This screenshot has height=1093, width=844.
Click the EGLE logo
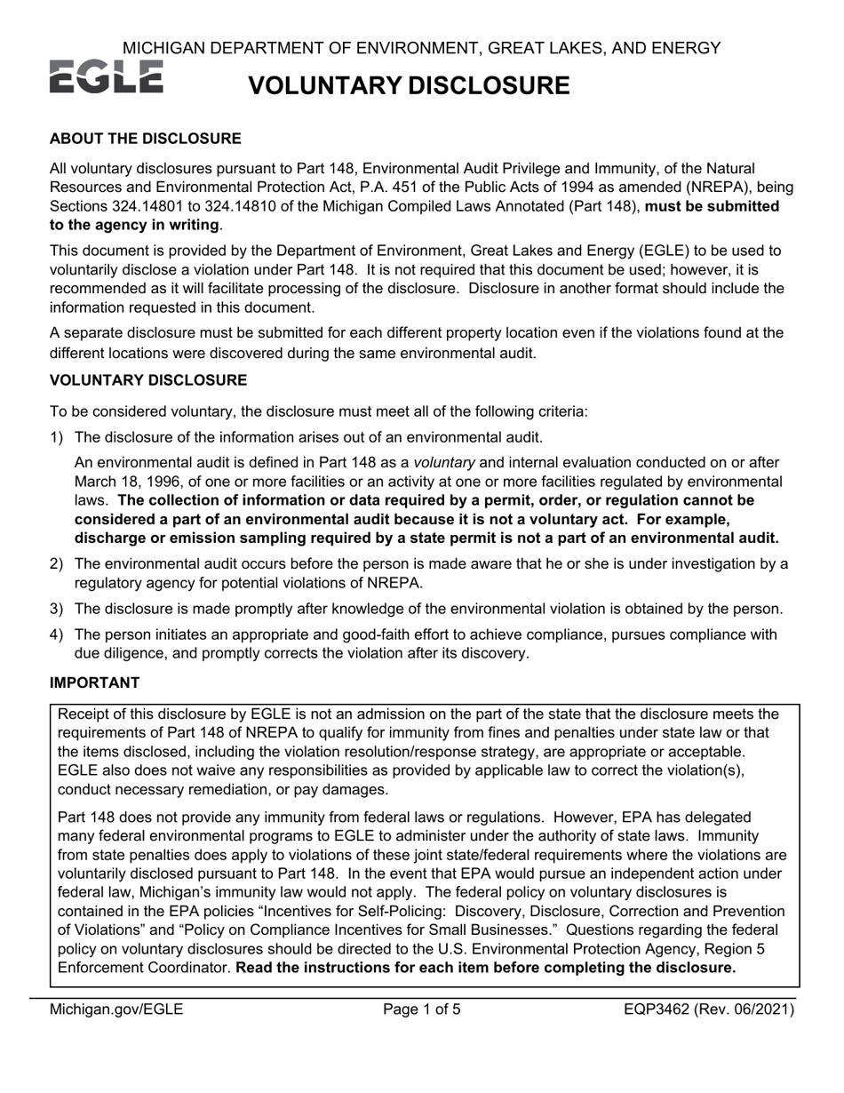pos(106,78)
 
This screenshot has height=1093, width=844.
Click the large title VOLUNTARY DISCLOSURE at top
pos(408,85)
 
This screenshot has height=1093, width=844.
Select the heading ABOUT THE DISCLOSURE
pos(145,139)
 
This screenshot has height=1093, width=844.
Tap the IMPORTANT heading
pos(94,682)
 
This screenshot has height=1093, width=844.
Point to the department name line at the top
pos(421,47)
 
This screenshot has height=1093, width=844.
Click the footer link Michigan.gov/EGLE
pos(116,1009)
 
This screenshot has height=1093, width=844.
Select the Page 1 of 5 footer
pos(422,1009)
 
